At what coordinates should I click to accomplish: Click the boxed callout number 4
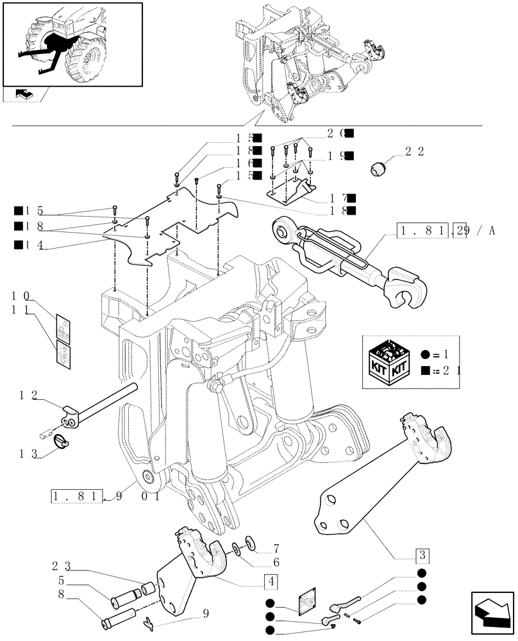pos(271,583)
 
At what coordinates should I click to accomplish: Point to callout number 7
pos(276,548)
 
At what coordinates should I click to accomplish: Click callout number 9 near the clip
pos(206,613)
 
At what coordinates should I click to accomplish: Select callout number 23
pos(63,567)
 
